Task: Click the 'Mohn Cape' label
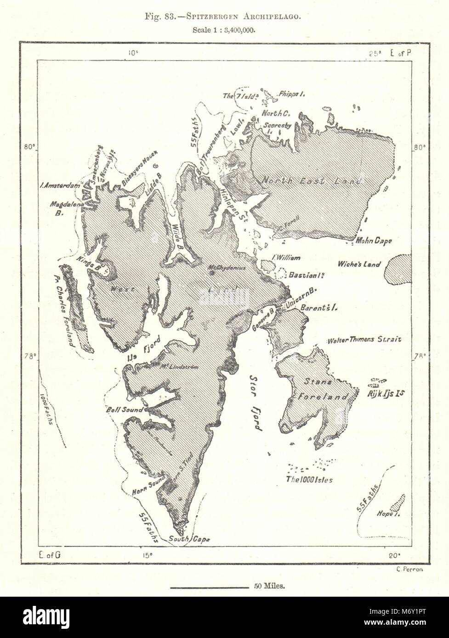(x=374, y=241)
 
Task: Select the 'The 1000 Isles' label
(x=309, y=480)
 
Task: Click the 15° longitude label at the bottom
(x=147, y=555)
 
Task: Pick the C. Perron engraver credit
(x=409, y=569)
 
